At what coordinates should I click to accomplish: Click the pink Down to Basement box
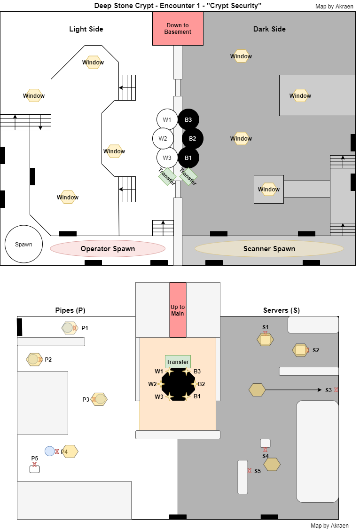tap(178, 29)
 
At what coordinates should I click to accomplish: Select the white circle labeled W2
tap(163, 139)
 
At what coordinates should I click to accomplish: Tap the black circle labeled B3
tap(188, 120)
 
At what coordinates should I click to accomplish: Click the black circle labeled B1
tap(188, 158)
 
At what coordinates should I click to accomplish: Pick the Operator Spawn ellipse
tap(108, 249)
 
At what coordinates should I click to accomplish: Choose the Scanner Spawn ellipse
tap(269, 249)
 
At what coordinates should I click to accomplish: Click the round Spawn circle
tap(23, 245)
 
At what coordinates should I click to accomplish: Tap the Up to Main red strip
tap(178, 310)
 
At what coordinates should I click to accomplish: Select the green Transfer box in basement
tap(178, 362)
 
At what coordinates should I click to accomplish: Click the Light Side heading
tap(86, 29)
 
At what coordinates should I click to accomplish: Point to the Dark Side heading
tap(269, 29)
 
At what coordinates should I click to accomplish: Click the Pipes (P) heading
tap(70, 310)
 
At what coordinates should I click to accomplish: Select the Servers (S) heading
tap(281, 310)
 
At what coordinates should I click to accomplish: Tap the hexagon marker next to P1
tap(69, 328)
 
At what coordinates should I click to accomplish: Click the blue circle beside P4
tap(50, 451)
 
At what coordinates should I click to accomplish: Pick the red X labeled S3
tap(336, 390)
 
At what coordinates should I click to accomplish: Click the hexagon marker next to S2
tap(300, 350)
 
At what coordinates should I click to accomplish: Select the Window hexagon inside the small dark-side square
tap(269, 190)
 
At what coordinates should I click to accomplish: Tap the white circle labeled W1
tap(167, 120)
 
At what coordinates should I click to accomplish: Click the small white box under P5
tap(34, 469)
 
